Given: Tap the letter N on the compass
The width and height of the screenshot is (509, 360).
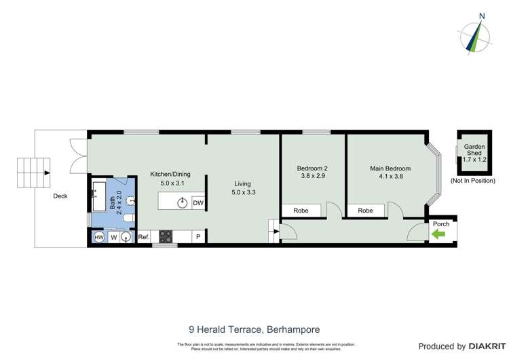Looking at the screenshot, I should point(482,16).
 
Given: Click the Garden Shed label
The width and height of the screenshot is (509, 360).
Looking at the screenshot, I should point(475,151).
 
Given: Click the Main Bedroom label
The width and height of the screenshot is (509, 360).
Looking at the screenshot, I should point(390,168).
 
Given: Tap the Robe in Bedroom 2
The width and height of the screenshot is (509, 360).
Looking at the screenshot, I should point(301,211).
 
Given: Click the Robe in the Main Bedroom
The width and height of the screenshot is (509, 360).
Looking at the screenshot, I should point(365,211).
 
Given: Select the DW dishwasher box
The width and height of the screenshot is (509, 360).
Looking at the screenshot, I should point(198,202).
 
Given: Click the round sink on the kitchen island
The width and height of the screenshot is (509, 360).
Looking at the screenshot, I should point(182,202).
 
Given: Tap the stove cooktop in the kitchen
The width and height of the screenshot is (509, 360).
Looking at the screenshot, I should point(166,237).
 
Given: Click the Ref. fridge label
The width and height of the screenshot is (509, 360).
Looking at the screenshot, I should point(143,237).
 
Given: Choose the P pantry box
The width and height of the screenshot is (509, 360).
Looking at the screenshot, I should point(198,237).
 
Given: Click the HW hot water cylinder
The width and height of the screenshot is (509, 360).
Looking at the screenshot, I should point(98,237).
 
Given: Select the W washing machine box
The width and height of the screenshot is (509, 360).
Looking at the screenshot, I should point(114,237).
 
